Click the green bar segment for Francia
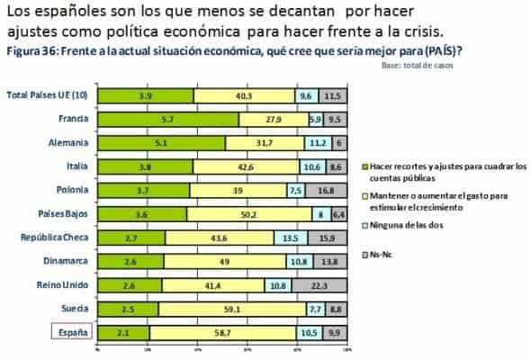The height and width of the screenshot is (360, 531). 167,119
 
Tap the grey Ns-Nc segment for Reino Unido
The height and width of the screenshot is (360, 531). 331,285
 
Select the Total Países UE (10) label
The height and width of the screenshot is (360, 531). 48,95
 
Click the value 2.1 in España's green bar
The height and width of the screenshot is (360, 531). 123,333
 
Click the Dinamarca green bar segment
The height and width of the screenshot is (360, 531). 130,262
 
